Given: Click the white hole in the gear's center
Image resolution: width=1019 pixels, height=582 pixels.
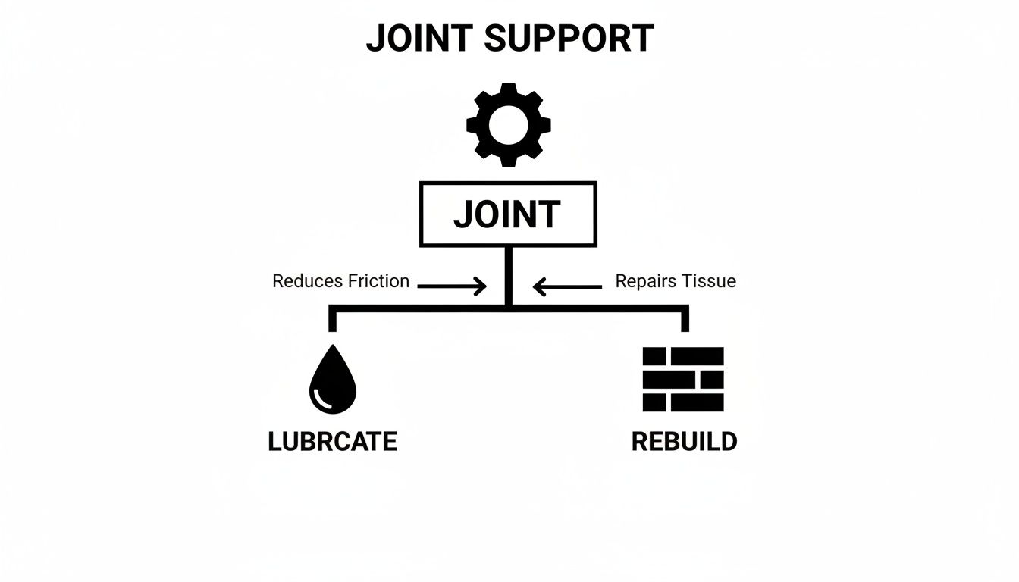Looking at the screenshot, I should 509,125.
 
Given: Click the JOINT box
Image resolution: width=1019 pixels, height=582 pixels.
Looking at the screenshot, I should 508,214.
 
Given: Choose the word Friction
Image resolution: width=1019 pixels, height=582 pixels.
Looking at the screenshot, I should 378,282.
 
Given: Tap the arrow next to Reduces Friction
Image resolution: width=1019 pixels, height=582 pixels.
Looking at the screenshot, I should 452,286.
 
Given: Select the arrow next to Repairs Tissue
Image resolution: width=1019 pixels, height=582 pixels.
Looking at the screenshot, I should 567,286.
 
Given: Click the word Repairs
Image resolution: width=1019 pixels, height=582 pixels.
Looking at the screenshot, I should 644,282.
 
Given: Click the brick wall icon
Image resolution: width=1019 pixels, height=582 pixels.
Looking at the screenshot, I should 683,379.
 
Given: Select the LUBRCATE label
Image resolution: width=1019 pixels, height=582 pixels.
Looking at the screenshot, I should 332,442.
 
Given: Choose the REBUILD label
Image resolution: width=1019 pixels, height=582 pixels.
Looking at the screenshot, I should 684,442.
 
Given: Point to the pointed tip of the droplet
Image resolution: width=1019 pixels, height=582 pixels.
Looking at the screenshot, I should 332,348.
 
